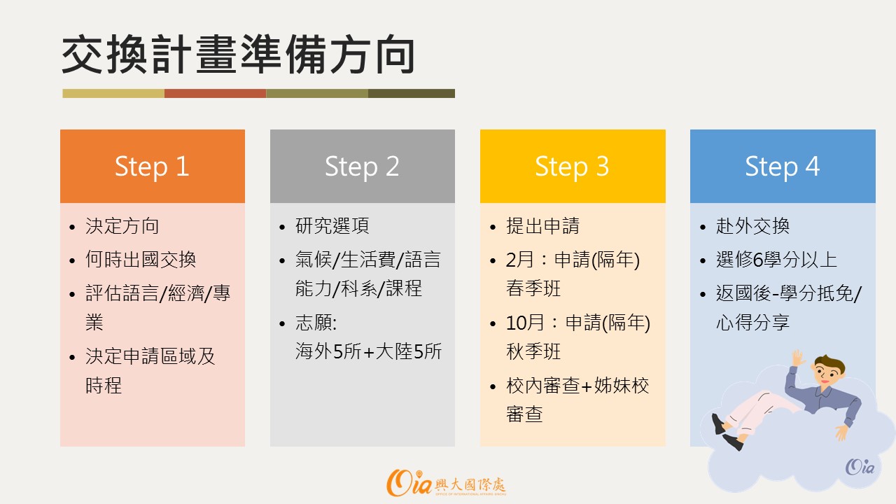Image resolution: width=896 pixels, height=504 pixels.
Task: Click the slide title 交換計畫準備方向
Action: point(239,55)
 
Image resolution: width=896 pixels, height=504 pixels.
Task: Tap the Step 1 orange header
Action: point(153,166)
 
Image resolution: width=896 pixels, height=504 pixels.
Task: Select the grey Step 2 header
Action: point(363,166)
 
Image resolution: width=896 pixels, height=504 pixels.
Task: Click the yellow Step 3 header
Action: point(573,166)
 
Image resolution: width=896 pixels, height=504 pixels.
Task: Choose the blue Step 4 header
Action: point(783,166)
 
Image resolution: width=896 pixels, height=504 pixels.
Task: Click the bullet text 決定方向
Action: point(122,226)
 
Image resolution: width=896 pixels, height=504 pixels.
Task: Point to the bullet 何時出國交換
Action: point(141,260)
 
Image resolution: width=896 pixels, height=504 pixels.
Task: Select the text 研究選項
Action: point(332,226)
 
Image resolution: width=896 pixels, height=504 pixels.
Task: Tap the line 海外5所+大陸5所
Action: point(368,351)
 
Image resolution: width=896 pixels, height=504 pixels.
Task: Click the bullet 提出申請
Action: point(542,226)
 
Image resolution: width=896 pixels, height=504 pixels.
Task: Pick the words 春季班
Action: point(533,288)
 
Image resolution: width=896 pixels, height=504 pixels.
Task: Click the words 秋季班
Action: point(533,351)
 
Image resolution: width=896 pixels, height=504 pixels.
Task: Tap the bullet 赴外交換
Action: point(752,226)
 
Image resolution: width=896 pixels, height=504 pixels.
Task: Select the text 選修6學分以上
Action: point(776,260)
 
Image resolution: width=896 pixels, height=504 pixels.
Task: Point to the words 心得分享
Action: point(752,322)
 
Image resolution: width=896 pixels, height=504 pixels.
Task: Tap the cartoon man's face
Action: point(827,374)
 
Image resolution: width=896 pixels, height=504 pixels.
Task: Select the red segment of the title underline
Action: point(215,93)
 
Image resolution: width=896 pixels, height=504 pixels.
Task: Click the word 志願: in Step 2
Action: point(316,323)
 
